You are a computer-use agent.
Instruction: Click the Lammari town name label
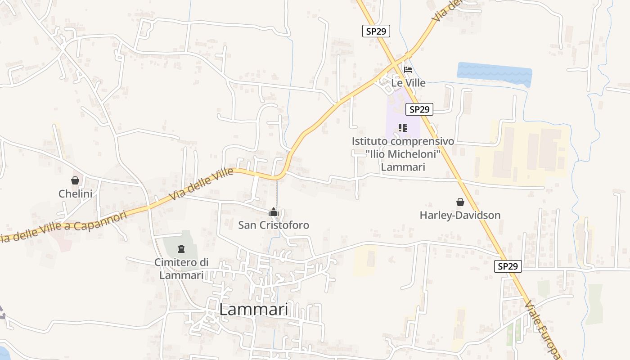tap(254, 310)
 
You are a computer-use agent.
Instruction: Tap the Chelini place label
tap(75, 194)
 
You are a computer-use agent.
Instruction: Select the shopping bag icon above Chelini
tap(75, 180)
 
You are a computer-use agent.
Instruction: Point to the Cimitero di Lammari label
tap(181, 269)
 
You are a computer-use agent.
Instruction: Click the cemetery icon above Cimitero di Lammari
tap(181, 248)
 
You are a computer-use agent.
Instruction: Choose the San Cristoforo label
tap(274, 225)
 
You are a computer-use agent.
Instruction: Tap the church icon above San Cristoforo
tap(274, 212)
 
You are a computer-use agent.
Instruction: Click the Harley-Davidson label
tap(460, 215)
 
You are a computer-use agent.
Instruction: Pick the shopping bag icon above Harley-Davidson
tap(460, 202)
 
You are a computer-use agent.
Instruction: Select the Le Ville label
tap(408, 83)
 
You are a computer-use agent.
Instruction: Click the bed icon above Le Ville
tap(408, 70)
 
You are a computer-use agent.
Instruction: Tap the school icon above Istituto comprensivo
tap(403, 128)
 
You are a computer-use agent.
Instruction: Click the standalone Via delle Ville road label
tap(202, 184)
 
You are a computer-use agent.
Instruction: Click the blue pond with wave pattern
tap(494, 72)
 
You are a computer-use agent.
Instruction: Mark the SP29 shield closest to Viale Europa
tap(508, 266)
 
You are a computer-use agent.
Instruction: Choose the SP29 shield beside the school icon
tap(419, 109)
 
